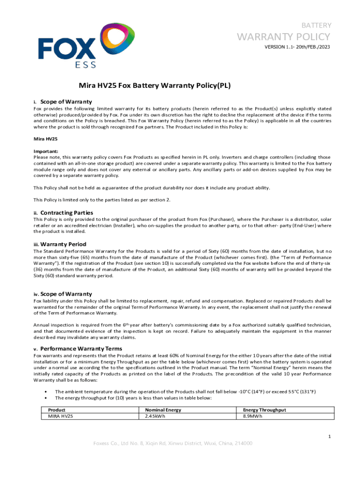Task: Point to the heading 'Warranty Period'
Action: point(63,244)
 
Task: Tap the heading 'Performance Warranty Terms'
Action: point(81,348)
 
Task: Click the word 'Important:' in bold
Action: point(46,152)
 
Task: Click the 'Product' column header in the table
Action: point(57,410)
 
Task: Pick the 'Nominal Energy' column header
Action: point(163,410)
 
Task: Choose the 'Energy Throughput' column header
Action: point(264,410)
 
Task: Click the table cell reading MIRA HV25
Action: point(61,416)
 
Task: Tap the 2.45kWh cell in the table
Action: point(155,416)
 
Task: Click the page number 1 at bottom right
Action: point(330,436)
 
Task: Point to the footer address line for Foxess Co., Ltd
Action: point(173,443)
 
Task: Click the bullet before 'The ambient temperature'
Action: point(44,392)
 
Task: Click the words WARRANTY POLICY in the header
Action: point(290,36)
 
